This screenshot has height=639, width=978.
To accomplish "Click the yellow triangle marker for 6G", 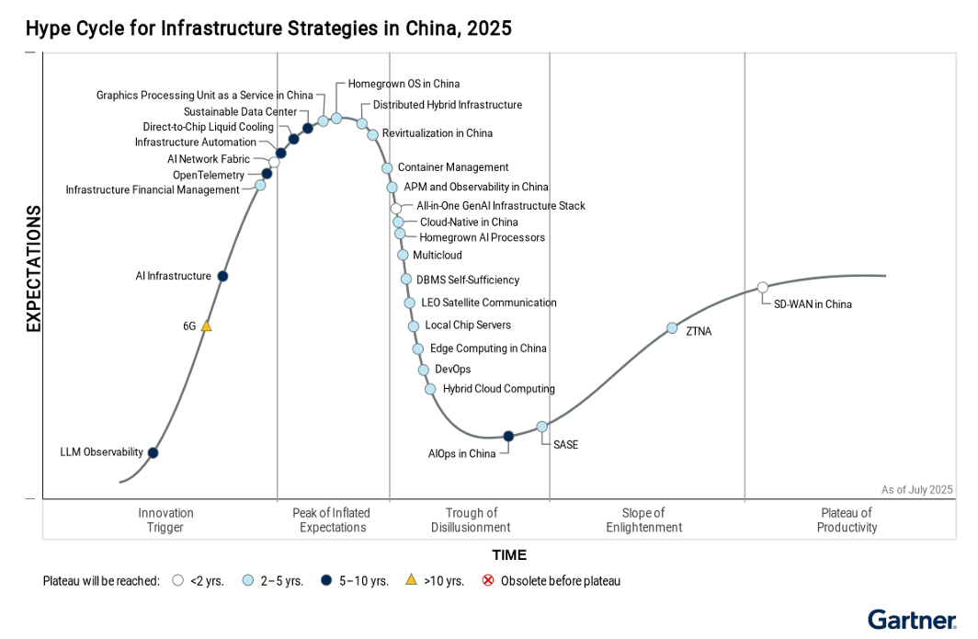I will click(x=207, y=325).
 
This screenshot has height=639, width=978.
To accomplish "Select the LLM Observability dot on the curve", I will click(x=153, y=452).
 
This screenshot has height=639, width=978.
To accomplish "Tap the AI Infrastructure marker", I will click(x=222, y=276).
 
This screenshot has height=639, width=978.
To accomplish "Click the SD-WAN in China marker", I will click(x=762, y=288).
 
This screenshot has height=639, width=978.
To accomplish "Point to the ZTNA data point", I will click(x=672, y=328).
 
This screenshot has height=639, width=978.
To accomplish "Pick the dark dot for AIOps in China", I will click(x=508, y=436).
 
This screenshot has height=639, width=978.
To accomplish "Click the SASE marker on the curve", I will click(x=542, y=426).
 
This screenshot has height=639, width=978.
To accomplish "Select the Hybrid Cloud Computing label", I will click(x=498, y=389).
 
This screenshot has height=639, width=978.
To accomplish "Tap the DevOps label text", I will click(x=452, y=369).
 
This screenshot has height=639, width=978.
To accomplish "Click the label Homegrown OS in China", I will click(x=404, y=84).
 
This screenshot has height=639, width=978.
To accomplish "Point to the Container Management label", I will click(x=452, y=167).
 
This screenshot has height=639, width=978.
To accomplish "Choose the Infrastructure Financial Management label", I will click(x=153, y=190).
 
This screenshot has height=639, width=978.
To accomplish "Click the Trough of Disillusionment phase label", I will click(x=471, y=520).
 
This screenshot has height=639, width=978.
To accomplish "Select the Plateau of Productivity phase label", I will click(x=847, y=520).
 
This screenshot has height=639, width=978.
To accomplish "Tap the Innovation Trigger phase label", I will click(x=165, y=520).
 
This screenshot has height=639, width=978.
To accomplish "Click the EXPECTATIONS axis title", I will click(x=34, y=268).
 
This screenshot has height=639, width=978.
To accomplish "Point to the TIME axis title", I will click(x=509, y=555).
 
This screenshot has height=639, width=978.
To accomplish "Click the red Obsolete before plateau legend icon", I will click(x=488, y=581).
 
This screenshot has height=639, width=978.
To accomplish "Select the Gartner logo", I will click(x=912, y=620).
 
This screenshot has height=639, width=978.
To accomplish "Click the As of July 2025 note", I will click(x=916, y=490).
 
